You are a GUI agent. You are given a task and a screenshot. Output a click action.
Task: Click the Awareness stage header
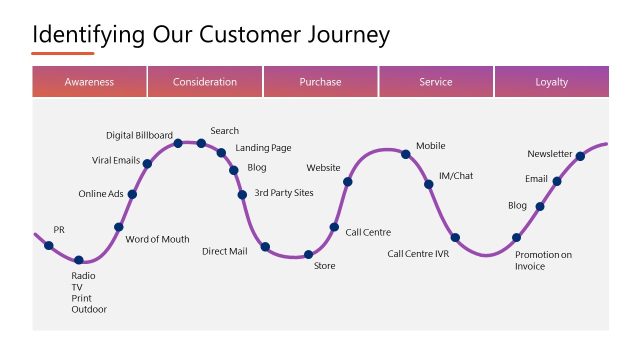89,82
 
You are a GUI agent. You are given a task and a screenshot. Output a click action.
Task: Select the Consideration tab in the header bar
205,82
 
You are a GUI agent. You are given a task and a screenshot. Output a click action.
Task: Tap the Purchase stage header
320,82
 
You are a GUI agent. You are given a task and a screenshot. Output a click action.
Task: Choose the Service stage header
436,82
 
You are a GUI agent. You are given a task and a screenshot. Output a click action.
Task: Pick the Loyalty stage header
551,82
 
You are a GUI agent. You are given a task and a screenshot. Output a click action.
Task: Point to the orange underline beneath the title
63,54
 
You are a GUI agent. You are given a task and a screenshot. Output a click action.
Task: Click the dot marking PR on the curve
49,246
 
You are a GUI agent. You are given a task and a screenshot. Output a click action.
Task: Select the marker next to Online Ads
132,194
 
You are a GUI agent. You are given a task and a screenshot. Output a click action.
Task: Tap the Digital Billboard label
139,135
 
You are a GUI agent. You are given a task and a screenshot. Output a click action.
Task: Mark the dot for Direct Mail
266,247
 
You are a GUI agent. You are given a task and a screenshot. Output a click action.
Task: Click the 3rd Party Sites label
284,193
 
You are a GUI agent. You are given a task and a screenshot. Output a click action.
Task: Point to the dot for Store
309,255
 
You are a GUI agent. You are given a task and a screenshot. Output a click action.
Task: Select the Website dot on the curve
348,182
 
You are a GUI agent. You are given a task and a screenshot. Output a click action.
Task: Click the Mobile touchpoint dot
406,154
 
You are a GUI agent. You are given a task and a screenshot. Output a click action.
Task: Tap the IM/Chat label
456,176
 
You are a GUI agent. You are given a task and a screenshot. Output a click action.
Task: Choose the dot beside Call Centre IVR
455,238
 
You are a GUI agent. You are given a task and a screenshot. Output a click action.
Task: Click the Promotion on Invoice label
543,260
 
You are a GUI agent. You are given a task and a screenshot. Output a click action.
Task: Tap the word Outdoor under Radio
88,310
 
